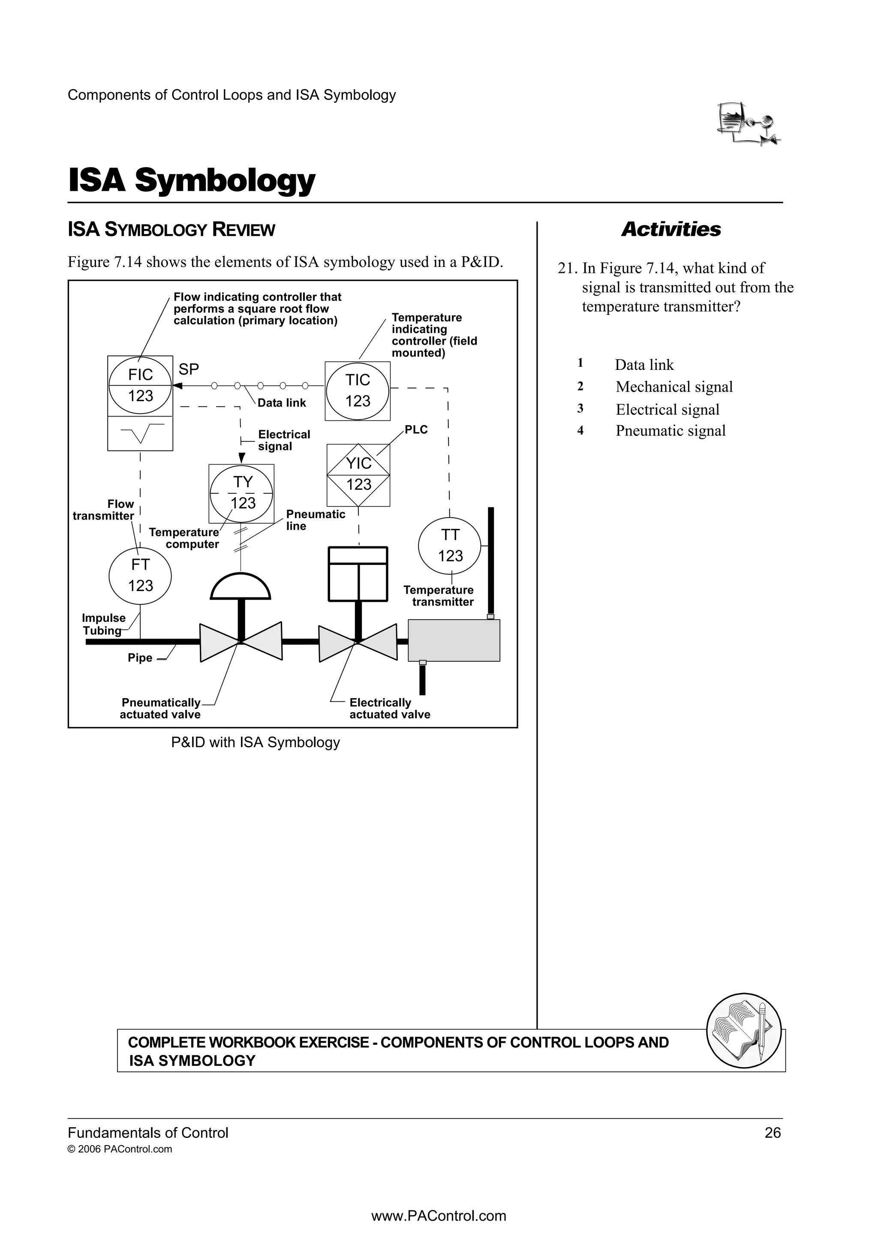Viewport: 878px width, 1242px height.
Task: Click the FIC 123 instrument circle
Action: point(140,386)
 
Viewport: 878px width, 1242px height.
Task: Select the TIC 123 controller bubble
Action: point(358,390)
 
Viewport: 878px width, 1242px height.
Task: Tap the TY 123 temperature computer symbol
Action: point(242,493)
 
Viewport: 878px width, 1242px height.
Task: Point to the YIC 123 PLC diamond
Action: point(359,474)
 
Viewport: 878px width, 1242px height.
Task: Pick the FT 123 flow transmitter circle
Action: point(140,575)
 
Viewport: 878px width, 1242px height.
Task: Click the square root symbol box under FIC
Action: point(140,433)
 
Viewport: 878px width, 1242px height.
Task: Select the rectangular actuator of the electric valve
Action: point(358,574)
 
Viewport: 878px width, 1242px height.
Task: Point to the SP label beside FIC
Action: point(189,369)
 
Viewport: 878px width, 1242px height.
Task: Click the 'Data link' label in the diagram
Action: point(281,403)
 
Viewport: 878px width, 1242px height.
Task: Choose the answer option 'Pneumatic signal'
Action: point(670,431)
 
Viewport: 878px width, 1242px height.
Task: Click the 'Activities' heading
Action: point(671,229)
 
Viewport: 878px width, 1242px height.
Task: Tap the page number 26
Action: point(773,1133)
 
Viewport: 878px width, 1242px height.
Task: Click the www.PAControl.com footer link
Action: point(439,1216)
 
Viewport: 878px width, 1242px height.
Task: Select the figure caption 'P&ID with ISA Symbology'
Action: point(256,743)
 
